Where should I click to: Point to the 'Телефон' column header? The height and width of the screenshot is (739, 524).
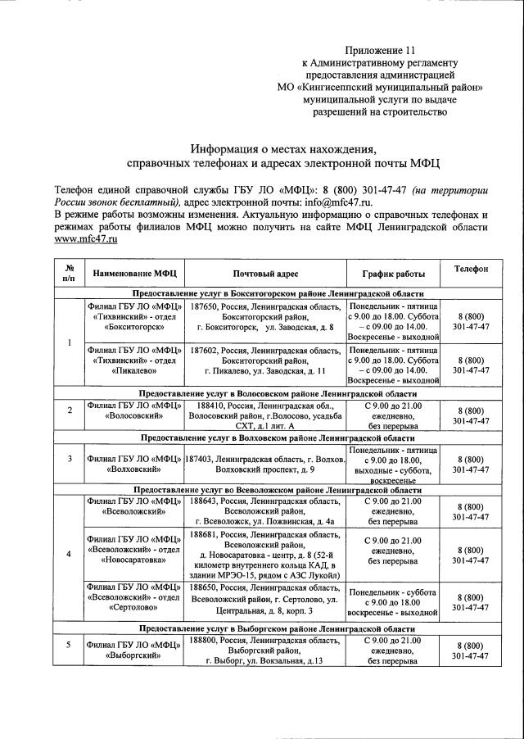pos(472,269)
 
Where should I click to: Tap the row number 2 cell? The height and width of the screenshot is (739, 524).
pos(69,410)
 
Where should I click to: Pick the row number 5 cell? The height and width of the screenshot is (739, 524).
pos(69,644)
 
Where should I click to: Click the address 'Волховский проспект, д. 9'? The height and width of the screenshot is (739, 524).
pos(264,469)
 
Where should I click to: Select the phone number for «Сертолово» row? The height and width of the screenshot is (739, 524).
pos(472,602)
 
